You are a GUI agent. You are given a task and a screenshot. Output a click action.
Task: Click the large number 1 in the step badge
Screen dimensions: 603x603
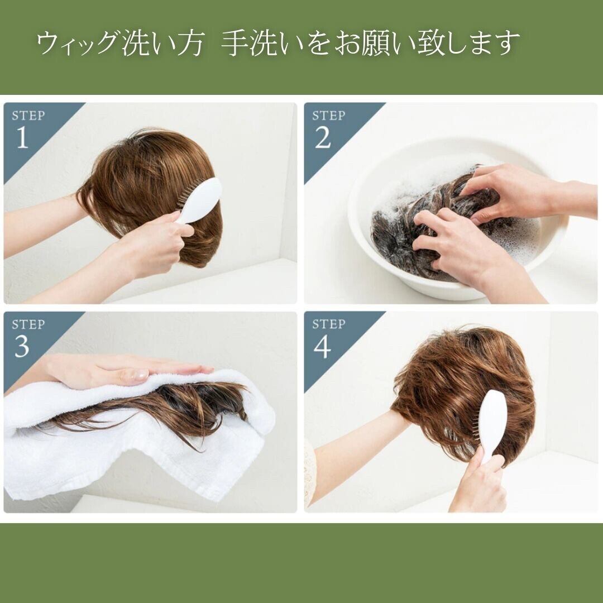point(22,137)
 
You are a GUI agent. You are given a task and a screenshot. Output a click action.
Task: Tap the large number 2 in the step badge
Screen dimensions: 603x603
point(323,137)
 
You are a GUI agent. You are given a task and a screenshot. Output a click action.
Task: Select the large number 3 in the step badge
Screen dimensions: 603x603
point(22,347)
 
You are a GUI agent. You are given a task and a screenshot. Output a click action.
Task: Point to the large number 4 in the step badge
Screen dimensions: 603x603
point(322,347)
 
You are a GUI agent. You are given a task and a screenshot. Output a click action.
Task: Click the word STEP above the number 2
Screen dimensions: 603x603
point(328,115)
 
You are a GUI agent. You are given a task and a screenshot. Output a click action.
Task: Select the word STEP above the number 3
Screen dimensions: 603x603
point(28,324)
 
